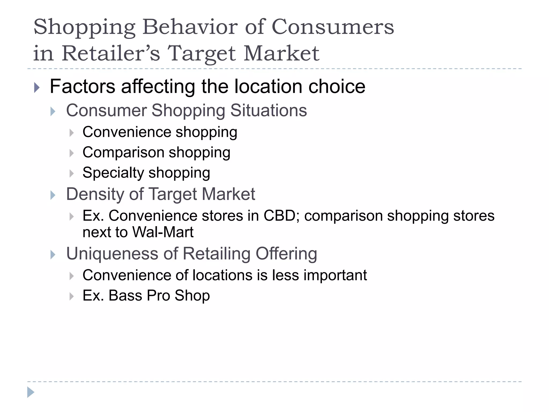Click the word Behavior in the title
190,27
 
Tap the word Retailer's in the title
111,53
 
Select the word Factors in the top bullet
82,86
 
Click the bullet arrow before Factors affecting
37,87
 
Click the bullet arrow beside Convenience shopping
71,133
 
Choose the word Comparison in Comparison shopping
123,152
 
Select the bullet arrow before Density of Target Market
53,195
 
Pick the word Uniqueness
112,253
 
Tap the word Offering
286,253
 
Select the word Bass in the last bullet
125,296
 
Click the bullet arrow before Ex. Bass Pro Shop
71,296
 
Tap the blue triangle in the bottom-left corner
31,392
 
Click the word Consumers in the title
333,27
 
